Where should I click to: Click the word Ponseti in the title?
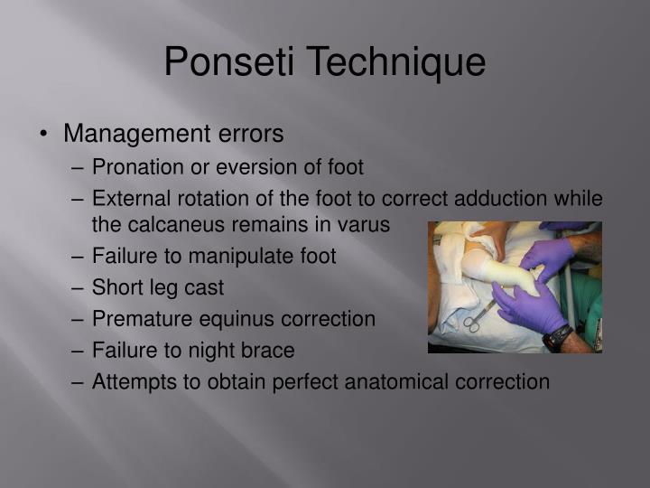coord(230,62)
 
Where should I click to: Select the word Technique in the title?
coord(396,62)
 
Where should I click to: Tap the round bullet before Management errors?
coord(43,135)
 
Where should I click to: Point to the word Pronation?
coord(135,167)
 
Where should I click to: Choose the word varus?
coord(363,224)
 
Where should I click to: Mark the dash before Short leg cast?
coord(79,287)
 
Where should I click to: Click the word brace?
coord(268,350)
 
